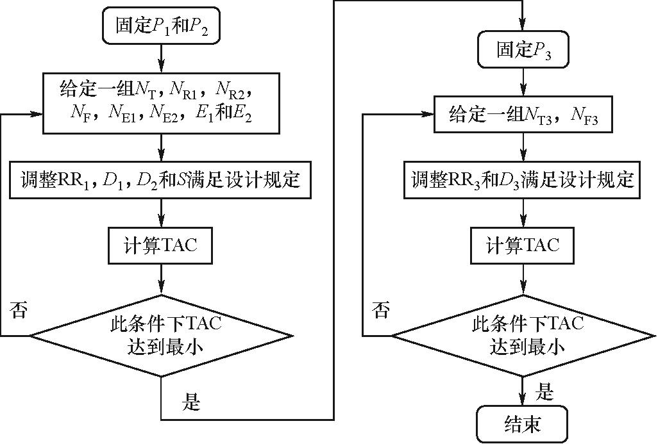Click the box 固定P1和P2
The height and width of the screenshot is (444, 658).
161,26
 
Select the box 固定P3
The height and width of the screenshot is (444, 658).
523,50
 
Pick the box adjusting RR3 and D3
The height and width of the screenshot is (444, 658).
523,179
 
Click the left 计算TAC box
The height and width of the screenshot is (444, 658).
161,245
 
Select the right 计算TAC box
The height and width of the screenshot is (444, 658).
523,245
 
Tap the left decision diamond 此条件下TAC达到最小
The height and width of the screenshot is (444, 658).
161,335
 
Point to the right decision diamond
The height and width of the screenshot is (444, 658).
523,335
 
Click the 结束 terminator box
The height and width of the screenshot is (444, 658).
523,425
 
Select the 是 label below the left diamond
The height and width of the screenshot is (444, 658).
192,402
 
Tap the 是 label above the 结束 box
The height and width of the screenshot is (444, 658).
544,392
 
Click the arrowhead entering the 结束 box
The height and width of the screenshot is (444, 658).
523,402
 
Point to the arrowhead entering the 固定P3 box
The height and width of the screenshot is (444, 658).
523,29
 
